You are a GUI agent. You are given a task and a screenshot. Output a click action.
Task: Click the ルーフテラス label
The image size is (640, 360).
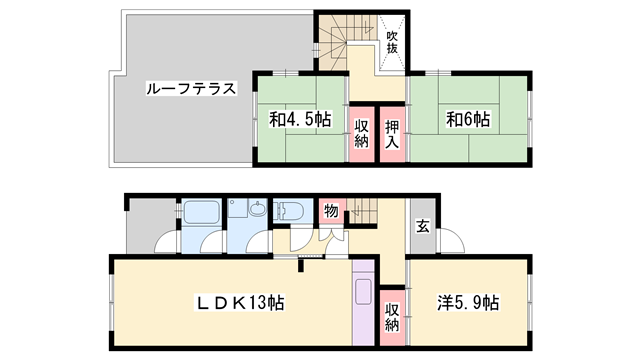click(189, 89)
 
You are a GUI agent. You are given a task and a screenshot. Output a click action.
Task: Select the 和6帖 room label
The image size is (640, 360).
click(467, 120)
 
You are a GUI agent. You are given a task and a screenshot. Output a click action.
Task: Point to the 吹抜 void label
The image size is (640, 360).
click(393, 43)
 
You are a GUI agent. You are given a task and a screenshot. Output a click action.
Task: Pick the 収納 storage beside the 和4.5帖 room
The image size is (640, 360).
click(360, 132)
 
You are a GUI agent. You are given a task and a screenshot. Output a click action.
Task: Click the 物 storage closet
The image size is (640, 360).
click(328, 213)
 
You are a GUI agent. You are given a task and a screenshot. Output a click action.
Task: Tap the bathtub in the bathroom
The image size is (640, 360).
click(201, 214)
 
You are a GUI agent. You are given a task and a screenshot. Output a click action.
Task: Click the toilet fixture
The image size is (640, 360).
click(290, 212)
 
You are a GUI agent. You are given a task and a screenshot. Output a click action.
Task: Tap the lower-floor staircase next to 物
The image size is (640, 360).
click(360, 212)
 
